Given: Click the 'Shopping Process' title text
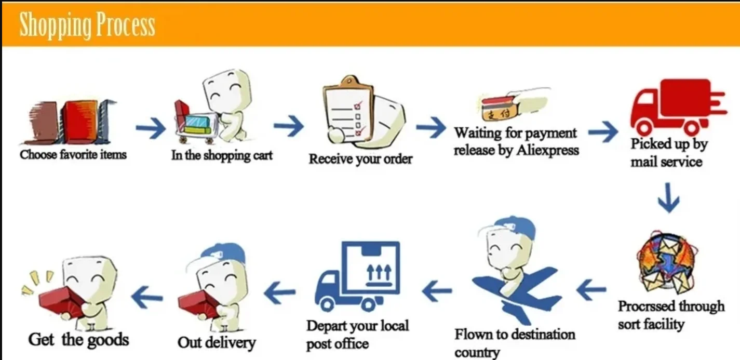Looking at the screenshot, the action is click(87, 25).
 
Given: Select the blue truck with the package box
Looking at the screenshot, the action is click(357, 276).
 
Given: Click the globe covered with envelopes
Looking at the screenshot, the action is click(667, 263).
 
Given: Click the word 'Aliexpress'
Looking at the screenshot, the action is click(548, 151).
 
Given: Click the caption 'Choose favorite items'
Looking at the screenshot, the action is click(73, 154).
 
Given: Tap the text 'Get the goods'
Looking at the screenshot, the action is click(78, 340).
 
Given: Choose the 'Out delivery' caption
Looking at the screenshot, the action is click(217, 342).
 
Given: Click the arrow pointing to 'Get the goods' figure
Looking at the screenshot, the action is click(146, 297).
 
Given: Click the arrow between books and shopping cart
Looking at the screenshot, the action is click(151, 128).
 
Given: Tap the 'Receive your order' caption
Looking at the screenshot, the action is click(360, 159).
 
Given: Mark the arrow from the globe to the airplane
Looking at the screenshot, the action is click(591, 289).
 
